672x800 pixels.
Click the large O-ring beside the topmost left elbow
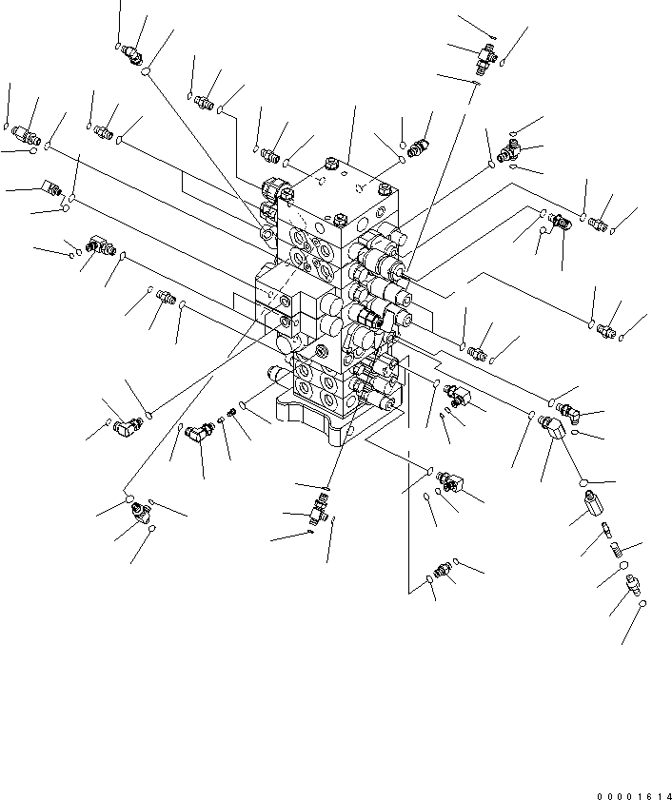point(146,72)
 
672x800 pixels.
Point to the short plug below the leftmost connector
point(52,188)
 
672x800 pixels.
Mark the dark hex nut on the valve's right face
point(391,336)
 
